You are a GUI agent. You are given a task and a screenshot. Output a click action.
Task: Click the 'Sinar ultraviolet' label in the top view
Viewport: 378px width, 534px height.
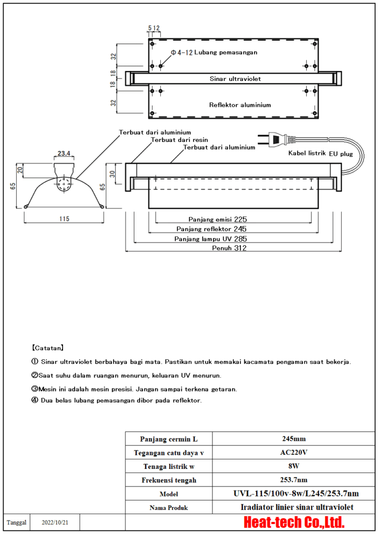click(x=235, y=79)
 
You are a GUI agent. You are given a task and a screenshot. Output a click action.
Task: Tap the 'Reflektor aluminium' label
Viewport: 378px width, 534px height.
click(x=240, y=105)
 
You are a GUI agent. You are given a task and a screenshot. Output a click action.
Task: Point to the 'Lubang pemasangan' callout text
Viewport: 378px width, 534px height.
click(x=226, y=52)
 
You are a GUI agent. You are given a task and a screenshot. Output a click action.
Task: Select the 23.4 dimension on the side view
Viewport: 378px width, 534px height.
click(x=65, y=154)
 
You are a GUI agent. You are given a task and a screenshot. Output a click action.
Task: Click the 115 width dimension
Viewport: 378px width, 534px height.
click(x=64, y=219)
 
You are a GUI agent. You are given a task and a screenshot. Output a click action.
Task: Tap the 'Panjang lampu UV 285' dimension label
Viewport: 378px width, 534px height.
click(x=211, y=238)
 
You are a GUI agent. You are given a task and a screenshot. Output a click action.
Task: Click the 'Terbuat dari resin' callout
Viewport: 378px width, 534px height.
click(x=180, y=140)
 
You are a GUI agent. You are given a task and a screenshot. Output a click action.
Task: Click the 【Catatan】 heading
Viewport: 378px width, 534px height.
click(x=48, y=347)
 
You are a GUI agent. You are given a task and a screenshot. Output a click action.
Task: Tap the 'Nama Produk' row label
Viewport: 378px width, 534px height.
click(x=169, y=507)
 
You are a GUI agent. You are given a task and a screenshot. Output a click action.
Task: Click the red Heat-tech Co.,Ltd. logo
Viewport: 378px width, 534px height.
click(x=295, y=522)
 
